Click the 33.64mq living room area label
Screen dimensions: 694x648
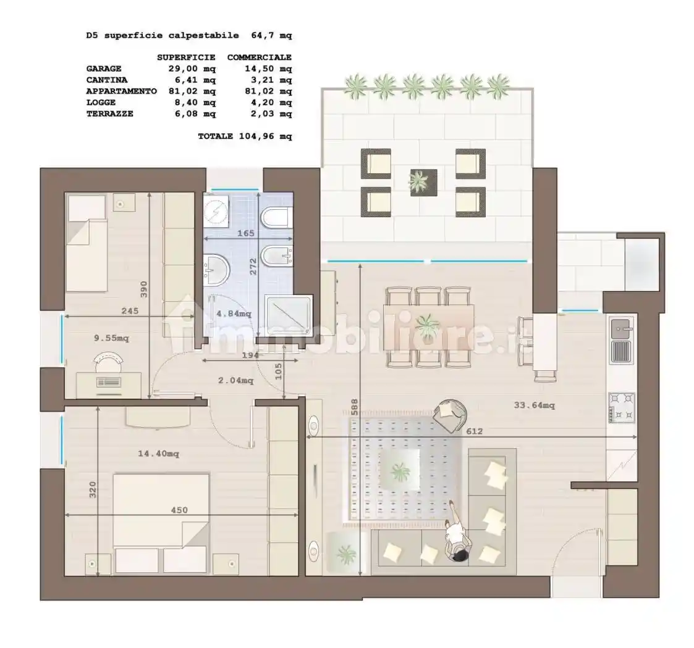pos(534,405)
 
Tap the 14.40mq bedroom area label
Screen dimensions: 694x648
pos(158,454)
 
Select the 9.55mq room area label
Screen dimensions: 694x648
pos(111,338)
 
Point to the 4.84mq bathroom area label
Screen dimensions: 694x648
pos(234,314)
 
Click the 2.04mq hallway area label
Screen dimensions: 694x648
pos(236,380)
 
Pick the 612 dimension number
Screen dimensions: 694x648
pos(474,431)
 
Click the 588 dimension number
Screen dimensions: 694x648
pos(355,407)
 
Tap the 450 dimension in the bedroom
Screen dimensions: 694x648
pos(179,510)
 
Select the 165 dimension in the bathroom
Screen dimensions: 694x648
pos(245,233)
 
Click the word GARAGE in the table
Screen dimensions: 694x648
pos(104,69)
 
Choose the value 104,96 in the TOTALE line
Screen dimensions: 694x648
pos(256,136)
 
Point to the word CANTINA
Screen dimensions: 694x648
pos(107,80)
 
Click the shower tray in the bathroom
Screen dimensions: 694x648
pos(289,315)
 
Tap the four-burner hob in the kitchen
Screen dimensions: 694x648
pos(622,407)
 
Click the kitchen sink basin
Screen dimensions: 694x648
pos(622,328)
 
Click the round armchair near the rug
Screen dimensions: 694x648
pos(451,415)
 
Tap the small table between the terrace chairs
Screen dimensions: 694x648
pos(423,183)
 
